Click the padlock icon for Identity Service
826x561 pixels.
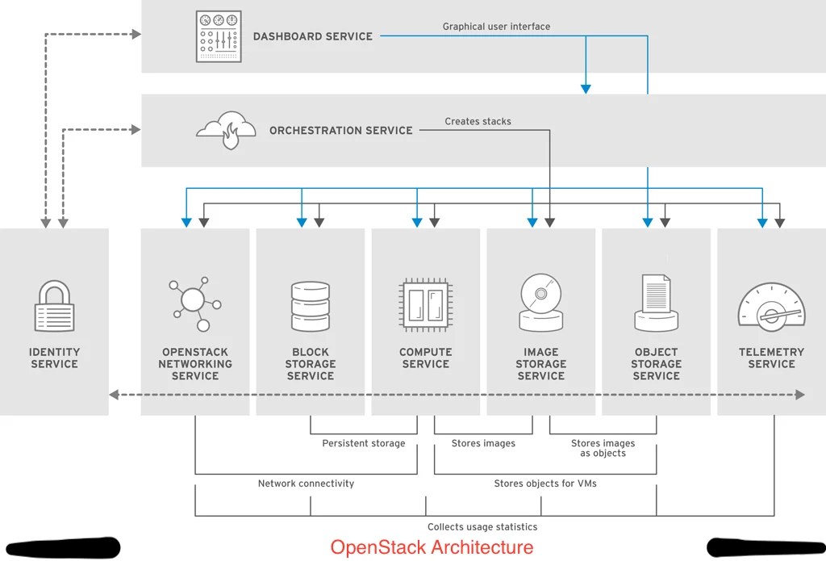click(x=54, y=306)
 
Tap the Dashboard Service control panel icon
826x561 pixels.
click(x=219, y=36)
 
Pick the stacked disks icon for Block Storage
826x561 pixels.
click(x=310, y=306)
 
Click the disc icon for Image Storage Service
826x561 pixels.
click(x=540, y=303)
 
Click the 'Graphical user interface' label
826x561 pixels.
click(x=496, y=27)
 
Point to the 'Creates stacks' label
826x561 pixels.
click(x=478, y=122)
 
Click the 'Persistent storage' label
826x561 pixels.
click(x=364, y=443)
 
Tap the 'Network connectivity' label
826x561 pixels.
click(x=306, y=484)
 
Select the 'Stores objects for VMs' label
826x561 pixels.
click(x=545, y=484)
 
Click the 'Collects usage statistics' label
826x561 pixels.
click(x=482, y=526)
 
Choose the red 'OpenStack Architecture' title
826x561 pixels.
click(x=432, y=547)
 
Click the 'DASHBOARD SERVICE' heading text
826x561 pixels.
click(x=312, y=36)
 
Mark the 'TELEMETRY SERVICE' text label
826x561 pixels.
click(x=771, y=358)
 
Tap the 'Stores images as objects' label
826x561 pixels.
click(x=603, y=448)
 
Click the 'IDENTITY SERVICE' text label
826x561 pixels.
click(x=54, y=358)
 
